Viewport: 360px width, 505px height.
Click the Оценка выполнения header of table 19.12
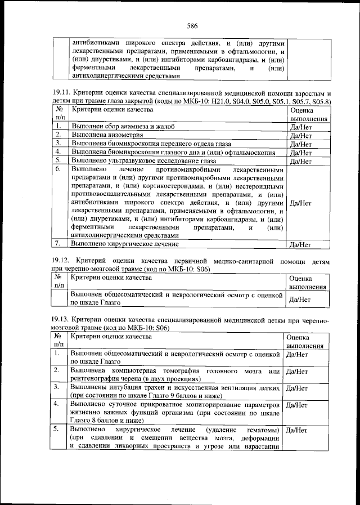[307, 282]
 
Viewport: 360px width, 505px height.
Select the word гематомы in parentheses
[262, 430]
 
